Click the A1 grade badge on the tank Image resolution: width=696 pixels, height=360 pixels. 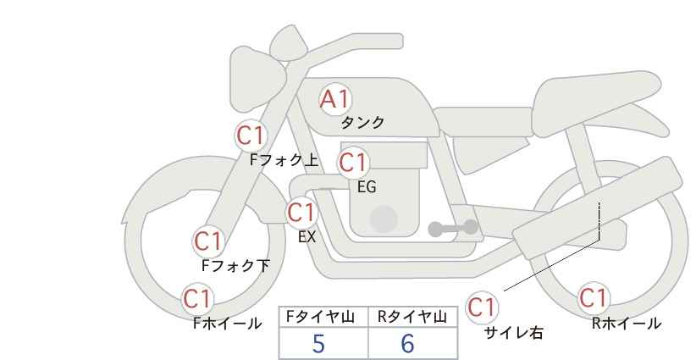click(334, 99)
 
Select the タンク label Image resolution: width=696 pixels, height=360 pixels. click(363, 123)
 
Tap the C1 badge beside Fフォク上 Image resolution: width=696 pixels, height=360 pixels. click(251, 135)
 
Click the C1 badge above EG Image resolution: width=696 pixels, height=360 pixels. click(353, 162)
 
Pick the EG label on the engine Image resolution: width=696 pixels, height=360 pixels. click(367, 186)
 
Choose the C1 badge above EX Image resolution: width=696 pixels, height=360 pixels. click(301, 212)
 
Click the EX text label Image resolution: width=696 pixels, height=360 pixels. click(307, 237)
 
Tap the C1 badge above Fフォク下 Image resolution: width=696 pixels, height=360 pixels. click(208, 241)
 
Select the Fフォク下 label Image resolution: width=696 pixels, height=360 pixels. click(235, 266)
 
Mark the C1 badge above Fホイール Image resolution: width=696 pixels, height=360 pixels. click(198, 298)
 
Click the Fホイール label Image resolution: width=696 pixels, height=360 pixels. click(227, 323)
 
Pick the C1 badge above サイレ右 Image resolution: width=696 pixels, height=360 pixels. click(483, 306)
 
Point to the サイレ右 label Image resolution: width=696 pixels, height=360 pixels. click(513, 333)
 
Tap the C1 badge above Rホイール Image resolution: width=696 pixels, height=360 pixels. click(594, 298)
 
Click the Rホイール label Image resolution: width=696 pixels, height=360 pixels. click(626, 323)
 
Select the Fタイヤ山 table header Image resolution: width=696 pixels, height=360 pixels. click(323, 317)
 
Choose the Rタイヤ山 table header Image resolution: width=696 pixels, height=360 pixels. click(412, 317)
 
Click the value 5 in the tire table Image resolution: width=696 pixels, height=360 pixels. click(318, 344)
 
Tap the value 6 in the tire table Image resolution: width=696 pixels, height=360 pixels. click(407, 344)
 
